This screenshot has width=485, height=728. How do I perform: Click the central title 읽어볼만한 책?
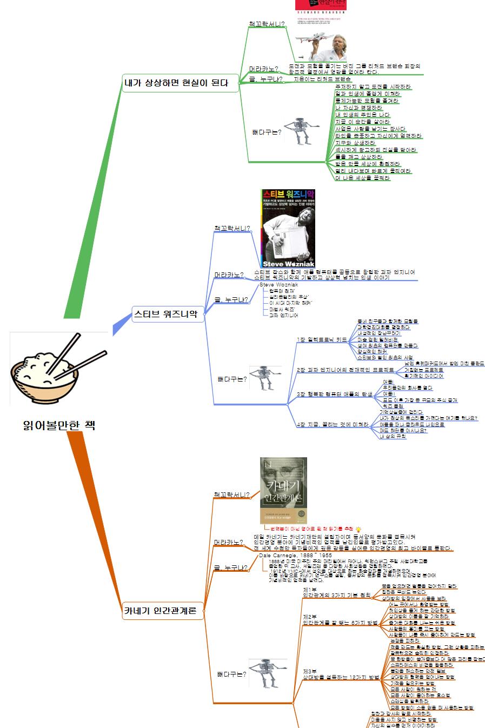pyautogui.click(x=59, y=425)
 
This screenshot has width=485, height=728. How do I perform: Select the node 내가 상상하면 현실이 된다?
pyautogui.click(x=176, y=83)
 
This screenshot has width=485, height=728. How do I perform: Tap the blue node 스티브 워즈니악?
pyautogui.click(x=165, y=313)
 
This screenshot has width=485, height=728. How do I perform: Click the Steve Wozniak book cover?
pyautogui.click(x=288, y=228)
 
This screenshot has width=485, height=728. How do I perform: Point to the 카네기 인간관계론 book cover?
pyautogui.click(x=283, y=491)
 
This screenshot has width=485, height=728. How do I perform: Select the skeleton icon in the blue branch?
pyautogui.click(x=265, y=378)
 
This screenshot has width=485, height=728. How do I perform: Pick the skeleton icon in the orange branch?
pyautogui.click(x=265, y=673)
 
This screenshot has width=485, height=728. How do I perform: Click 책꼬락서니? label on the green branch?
pyautogui.click(x=267, y=24)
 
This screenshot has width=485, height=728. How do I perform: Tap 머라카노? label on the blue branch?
pyautogui.click(x=229, y=275)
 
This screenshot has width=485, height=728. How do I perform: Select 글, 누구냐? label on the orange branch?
pyautogui.click(x=231, y=568)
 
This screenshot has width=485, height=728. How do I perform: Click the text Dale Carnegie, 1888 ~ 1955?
pyautogui.click(x=295, y=555)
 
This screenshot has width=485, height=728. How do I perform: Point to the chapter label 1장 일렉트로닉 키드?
pyautogui.click(x=322, y=340)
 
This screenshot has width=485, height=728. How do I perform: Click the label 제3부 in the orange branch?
pyautogui.click(x=310, y=671)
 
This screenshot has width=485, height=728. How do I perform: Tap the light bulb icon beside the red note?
pyautogui.click(x=358, y=529)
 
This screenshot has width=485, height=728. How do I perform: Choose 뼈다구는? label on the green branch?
pyautogui.click(x=267, y=132)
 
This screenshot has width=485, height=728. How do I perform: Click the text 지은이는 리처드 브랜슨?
pyautogui.click(x=322, y=79)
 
